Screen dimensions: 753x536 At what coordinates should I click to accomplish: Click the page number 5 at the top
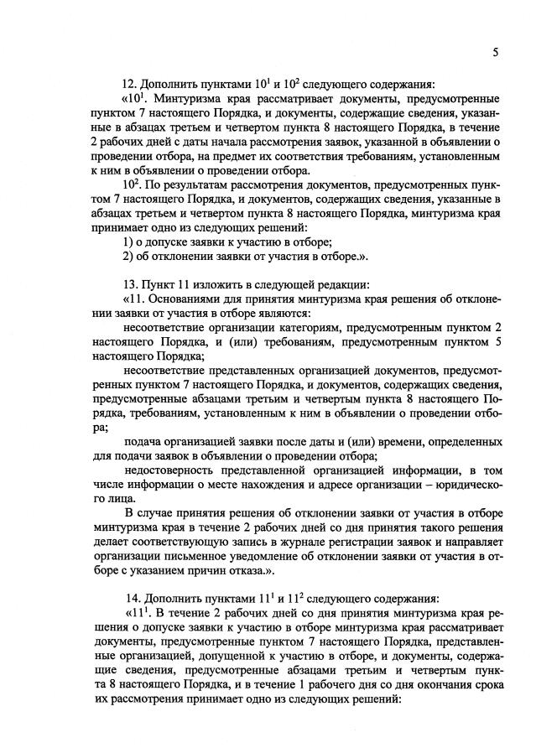(496, 52)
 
